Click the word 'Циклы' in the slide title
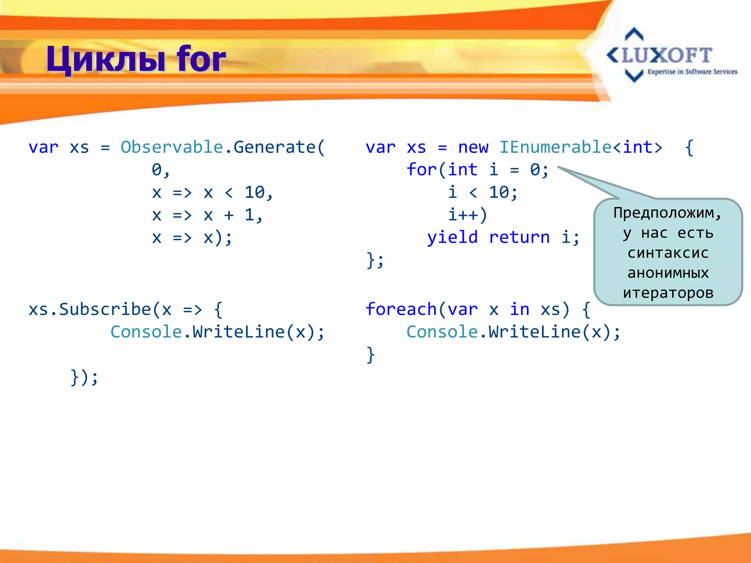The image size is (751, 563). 106,59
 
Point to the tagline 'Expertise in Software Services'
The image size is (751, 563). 692,72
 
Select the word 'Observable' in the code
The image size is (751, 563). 172,147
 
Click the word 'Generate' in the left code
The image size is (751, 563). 274,147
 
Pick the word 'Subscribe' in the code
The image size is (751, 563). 105,310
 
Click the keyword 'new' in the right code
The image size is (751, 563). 473,147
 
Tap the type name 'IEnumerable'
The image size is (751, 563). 556,147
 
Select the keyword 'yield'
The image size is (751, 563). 452,238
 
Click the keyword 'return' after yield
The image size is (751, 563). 519,238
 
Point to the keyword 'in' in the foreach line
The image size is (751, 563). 520,310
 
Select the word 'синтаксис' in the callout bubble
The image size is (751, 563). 668,253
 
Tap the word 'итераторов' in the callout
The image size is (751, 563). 668,293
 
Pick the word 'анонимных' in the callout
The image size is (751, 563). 668,273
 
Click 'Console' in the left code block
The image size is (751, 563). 146,332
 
